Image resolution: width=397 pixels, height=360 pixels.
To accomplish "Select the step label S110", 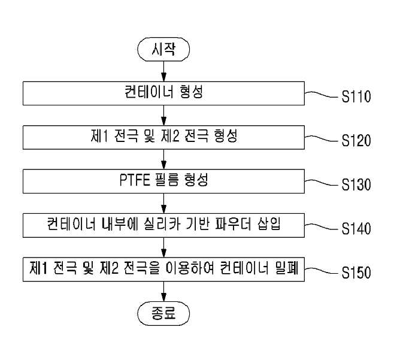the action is click(x=356, y=96).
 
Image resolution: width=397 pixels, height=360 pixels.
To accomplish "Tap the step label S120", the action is click(x=356, y=141).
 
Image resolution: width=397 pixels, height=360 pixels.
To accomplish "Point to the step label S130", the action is click(x=356, y=184).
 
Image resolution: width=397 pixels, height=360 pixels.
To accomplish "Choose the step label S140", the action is click(x=356, y=228).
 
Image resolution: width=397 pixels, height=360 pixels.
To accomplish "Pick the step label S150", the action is click(x=356, y=273).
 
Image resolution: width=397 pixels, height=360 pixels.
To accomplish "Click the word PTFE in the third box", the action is click(x=135, y=180).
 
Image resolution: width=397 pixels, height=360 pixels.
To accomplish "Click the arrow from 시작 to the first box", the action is click(x=164, y=71).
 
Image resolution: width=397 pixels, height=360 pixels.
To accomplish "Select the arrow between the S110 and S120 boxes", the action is click(x=164, y=116).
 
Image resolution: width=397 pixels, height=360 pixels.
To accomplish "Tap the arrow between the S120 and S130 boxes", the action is click(x=164, y=159).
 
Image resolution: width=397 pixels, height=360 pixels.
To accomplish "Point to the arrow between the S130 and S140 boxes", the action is click(x=164, y=204).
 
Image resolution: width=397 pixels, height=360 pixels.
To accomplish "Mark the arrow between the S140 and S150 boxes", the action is click(x=164, y=247).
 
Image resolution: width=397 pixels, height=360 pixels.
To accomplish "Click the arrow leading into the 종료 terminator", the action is click(x=164, y=292).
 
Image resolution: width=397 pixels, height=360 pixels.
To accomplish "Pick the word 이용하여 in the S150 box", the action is click(x=188, y=268).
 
